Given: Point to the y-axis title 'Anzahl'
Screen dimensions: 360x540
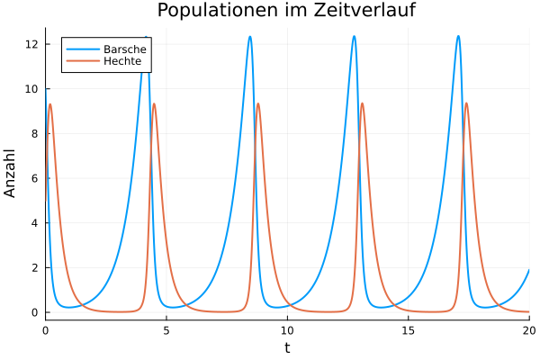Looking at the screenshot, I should click(11, 174).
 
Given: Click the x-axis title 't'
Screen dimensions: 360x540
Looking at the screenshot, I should click(287, 347).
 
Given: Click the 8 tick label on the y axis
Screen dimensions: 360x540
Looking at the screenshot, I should click(34, 133).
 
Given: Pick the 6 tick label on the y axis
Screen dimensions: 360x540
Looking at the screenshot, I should click(34, 178).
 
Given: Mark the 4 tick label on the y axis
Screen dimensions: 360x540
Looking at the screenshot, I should click(34, 222).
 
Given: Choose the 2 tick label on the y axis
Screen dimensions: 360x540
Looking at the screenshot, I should click(34, 267).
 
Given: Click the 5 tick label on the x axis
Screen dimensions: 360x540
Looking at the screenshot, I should click(166, 330).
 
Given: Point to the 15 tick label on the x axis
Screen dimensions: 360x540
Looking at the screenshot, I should click(408, 330).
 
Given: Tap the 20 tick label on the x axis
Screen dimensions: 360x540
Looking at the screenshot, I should click(528, 330).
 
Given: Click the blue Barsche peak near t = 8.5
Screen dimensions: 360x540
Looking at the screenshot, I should click(250, 37).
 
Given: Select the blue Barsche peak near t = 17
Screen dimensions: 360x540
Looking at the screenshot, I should click(458, 36).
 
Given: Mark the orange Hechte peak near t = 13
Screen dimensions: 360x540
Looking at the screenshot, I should click(363, 103).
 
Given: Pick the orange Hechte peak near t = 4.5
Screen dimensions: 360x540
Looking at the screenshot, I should click(154, 104).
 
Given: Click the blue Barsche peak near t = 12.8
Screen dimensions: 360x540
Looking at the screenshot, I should click(354, 36).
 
